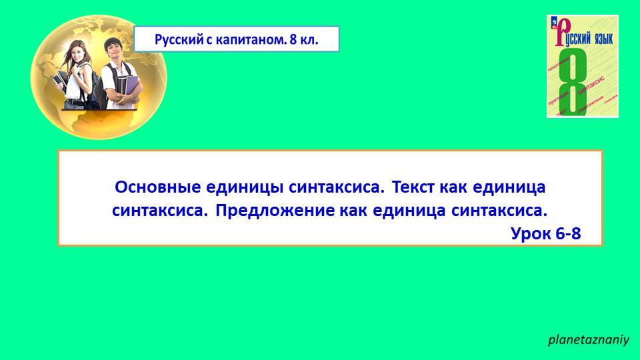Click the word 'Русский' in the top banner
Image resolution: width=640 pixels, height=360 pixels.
click(x=177, y=40)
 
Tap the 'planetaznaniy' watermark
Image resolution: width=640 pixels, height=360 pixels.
click(x=588, y=340)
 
